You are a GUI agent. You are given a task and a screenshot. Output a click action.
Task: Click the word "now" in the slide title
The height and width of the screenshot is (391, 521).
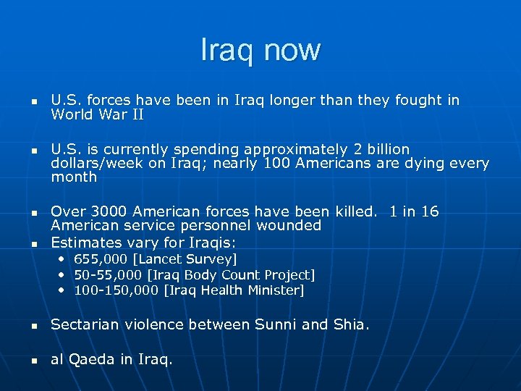pyautogui.click(x=292, y=50)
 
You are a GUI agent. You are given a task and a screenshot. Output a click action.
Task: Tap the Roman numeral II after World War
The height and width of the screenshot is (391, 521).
pyautogui.click(x=136, y=114)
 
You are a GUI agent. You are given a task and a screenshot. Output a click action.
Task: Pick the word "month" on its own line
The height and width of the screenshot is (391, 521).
pyautogui.click(x=74, y=177)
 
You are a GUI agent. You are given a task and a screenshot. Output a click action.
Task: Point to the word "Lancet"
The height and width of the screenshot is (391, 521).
pyautogui.click(x=164, y=258)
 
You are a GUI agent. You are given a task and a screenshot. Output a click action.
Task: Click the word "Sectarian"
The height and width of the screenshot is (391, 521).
pyautogui.click(x=85, y=324)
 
